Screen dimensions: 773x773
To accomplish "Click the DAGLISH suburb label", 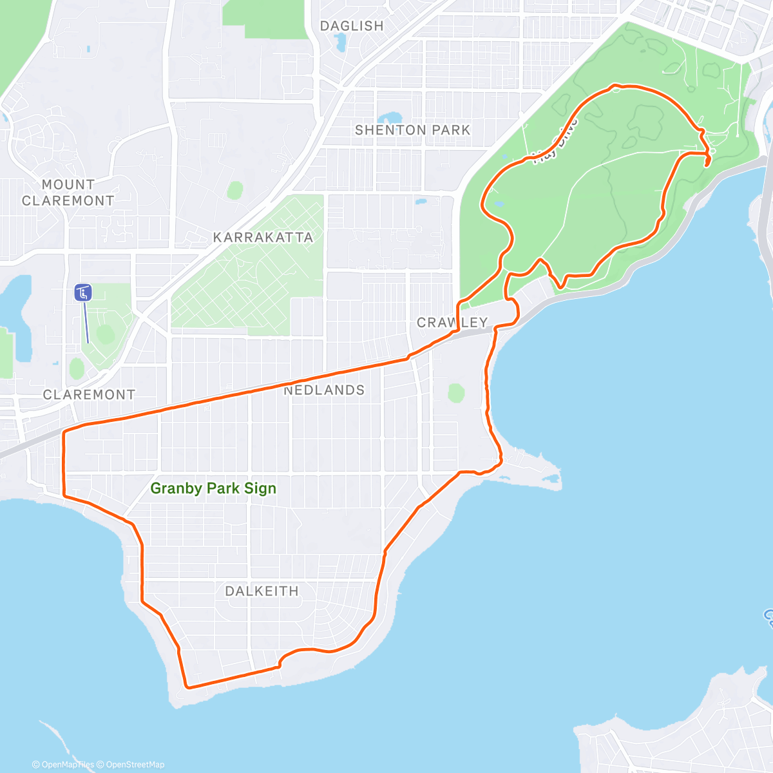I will coord(352,26).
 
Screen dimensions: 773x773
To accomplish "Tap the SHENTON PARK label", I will coord(413,130).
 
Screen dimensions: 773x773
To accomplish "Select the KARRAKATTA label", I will coord(263,238).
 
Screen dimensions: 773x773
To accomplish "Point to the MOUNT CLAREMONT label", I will coord(68,193).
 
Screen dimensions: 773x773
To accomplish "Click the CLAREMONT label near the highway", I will coord(89,395).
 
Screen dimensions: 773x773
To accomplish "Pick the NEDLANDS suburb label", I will coord(325,390).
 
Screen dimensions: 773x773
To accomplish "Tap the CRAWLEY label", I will coord(452,323).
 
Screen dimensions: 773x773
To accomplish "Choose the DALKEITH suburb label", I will coord(262,591).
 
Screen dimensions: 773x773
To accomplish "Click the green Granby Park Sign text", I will coord(213,489).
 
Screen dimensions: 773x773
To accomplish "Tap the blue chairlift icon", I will coord(83,293).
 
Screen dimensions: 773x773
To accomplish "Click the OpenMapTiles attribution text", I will coord(63,765).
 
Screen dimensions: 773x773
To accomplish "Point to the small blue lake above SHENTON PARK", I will coord(390,118).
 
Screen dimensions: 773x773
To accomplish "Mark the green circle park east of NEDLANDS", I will coord(456,392).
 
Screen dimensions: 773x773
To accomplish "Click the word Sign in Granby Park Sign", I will coord(260,489).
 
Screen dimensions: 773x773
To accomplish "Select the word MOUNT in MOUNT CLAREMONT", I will coord(68,185).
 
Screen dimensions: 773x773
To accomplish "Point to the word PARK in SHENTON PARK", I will coord(451,130).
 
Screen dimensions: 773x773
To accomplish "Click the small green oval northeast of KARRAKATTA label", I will coord(235,191).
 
